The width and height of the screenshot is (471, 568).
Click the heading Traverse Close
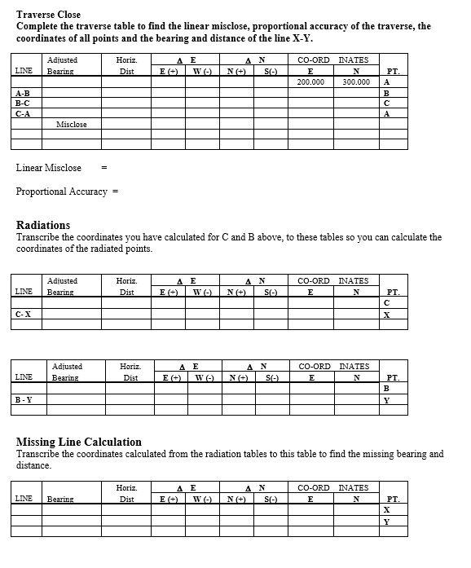pyautogui.click(x=48, y=15)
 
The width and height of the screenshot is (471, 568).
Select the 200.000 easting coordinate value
pyautogui.click(x=310, y=82)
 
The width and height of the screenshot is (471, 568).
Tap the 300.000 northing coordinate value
pyautogui.click(x=355, y=82)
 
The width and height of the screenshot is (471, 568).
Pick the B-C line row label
pyautogui.click(x=23, y=103)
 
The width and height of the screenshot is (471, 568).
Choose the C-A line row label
pyautogui.click(x=23, y=114)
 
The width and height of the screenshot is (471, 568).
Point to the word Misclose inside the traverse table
pyautogui.click(x=72, y=125)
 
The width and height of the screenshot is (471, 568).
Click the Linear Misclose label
pyautogui.click(x=49, y=168)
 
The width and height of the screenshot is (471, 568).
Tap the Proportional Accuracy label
pyautogui.click(x=62, y=192)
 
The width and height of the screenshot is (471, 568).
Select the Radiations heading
pyautogui.click(x=43, y=225)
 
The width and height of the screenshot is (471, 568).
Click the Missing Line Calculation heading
pyautogui.click(x=79, y=442)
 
